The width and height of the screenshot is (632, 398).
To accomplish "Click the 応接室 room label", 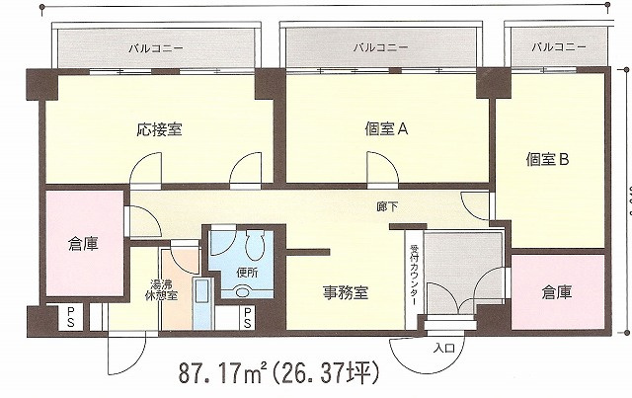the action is click(x=159, y=129).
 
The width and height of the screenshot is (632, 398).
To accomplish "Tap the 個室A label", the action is click(x=386, y=129).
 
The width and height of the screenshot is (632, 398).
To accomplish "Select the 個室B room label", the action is click(x=547, y=160).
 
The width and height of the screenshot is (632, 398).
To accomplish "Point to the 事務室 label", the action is click(x=346, y=293).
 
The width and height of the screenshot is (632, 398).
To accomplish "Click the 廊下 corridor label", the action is click(x=387, y=207).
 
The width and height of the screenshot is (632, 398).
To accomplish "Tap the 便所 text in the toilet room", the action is click(x=247, y=273).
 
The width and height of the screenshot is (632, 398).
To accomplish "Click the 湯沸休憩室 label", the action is click(x=161, y=289).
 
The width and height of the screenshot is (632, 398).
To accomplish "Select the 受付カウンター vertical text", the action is click(x=414, y=276).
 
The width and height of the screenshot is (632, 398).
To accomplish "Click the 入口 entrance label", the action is click(x=443, y=348).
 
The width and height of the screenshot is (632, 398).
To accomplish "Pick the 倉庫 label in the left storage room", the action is click(x=83, y=244).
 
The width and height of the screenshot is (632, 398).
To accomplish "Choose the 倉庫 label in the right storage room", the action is click(x=557, y=292).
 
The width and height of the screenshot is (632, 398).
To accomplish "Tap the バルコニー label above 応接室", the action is click(x=156, y=48).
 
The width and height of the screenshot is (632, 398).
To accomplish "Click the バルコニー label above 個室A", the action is click(x=380, y=48).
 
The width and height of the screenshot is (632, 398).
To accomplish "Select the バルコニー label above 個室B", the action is click(x=559, y=47).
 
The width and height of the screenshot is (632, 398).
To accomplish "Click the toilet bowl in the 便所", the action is click(x=255, y=245).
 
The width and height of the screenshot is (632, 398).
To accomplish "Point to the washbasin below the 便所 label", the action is click(x=242, y=291).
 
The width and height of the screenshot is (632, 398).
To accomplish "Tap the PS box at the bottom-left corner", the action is click(x=71, y=317).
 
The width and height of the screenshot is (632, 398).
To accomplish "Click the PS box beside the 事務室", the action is click(x=248, y=317).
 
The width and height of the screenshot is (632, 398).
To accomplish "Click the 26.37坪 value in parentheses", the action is click(x=325, y=373).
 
